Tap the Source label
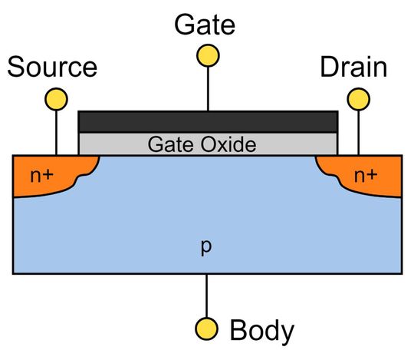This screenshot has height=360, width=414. (52, 68)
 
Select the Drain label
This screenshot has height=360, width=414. (353, 68)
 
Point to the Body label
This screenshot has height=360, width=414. (261, 331)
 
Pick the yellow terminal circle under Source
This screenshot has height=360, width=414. (56, 99)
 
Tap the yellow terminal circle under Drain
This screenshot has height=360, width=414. (357, 99)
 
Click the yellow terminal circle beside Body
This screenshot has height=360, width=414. (205, 329)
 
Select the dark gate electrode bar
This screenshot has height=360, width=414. (208, 121)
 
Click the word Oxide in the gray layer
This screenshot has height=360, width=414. (228, 144)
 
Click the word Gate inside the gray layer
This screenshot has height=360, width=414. (167, 144)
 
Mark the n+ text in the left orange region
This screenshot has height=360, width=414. (42, 176)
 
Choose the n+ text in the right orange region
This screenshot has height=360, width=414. (365, 176)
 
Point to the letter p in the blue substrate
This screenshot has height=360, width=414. (205, 248)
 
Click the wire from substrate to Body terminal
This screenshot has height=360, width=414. (205, 296)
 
